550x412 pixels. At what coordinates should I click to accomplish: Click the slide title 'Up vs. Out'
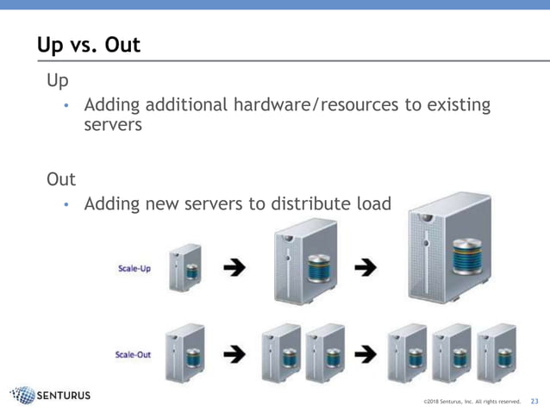[88, 45]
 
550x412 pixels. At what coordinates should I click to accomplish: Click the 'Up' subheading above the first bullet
[58, 80]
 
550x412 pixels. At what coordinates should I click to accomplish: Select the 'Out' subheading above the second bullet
[61, 179]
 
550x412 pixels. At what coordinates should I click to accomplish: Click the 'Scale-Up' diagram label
[134, 268]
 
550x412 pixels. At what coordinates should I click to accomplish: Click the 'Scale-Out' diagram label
[133, 354]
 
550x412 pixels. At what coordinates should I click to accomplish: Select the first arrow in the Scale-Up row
[234, 267]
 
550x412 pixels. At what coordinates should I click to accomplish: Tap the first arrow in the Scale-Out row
[234, 353]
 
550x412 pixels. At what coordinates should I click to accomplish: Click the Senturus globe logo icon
[22, 396]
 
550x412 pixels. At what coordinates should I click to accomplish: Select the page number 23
[534, 401]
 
